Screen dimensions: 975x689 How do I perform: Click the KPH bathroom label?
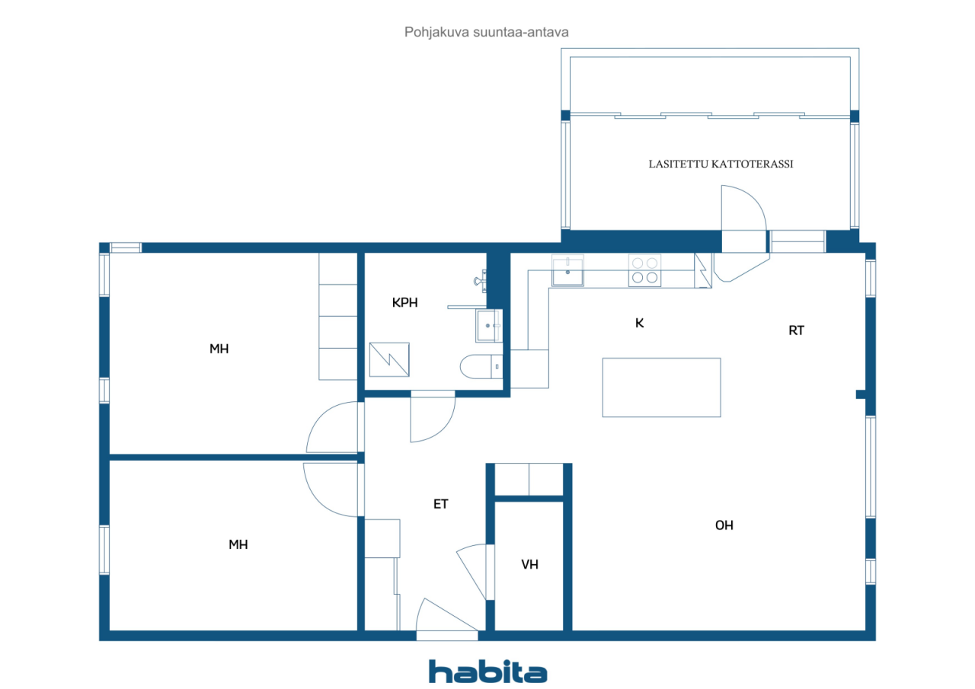[x=404, y=303]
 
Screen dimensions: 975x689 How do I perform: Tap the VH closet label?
[x=529, y=565]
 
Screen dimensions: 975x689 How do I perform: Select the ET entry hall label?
[x=440, y=504]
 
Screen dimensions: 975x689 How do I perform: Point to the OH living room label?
[x=724, y=525]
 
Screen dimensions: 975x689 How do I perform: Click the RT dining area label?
[x=796, y=330]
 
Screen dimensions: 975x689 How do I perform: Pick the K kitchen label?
[x=639, y=323]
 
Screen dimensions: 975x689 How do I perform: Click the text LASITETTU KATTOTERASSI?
[x=721, y=164]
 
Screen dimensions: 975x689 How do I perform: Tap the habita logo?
[x=488, y=671]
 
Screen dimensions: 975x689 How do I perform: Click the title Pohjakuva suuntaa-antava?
[x=486, y=32]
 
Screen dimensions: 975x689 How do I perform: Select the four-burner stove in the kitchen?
[x=644, y=270]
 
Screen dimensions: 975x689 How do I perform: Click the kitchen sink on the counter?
[x=567, y=270]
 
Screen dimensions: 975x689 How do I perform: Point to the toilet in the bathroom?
[x=481, y=367]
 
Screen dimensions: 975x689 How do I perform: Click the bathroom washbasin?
[x=489, y=325]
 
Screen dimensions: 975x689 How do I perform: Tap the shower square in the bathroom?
[x=389, y=359]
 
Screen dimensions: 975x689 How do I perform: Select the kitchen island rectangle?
[x=662, y=388]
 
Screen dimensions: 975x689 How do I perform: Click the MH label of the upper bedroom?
[x=219, y=349]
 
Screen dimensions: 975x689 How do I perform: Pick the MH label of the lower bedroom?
[x=238, y=544]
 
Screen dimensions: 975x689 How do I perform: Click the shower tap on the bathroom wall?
[x=480, y=281]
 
